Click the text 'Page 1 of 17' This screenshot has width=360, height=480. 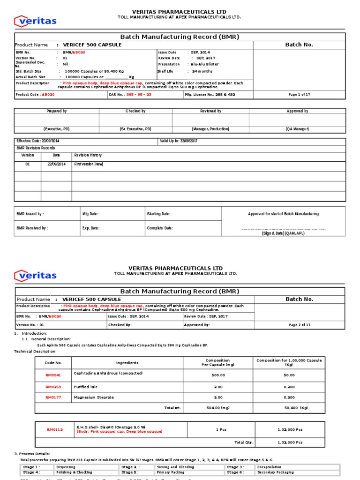pos(299,94)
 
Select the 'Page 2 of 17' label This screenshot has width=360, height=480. pos(299,324)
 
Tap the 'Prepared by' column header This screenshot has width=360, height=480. pos(56,111)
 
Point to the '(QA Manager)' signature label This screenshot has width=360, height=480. pos(297,129)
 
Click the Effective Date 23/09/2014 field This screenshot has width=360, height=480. pos(38,141)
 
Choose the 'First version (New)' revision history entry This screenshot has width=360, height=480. pos(88,164)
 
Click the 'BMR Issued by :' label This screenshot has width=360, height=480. pos(30,214)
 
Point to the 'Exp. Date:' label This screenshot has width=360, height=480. pos(90,228)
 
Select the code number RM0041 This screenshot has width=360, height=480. pos(53,375)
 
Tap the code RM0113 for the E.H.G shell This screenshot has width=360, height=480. pos(54,429)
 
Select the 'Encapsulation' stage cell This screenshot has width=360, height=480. pos(269,467)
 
